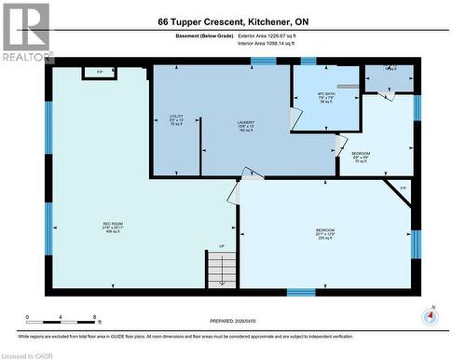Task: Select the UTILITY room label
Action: coord(176,120)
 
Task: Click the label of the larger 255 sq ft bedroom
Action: coord(325,233)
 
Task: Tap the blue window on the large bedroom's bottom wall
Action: coord(300,293)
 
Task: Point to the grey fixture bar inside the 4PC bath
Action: coord(348,85)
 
